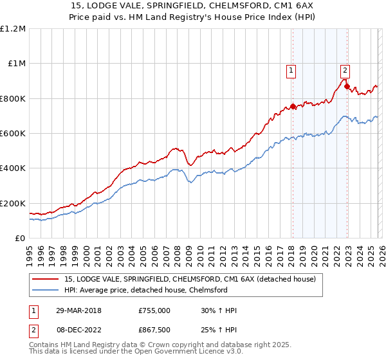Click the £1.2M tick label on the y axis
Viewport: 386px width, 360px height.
[13, 29]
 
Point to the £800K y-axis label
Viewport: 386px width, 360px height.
[13, 98]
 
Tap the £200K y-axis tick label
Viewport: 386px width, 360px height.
[13, 203]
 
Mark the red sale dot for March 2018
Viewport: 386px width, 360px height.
[293, 107]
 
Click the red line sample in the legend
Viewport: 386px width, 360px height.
[46, 280]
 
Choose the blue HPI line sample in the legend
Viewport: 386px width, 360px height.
[46, 290]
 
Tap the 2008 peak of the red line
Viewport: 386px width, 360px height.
[176, 148]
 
